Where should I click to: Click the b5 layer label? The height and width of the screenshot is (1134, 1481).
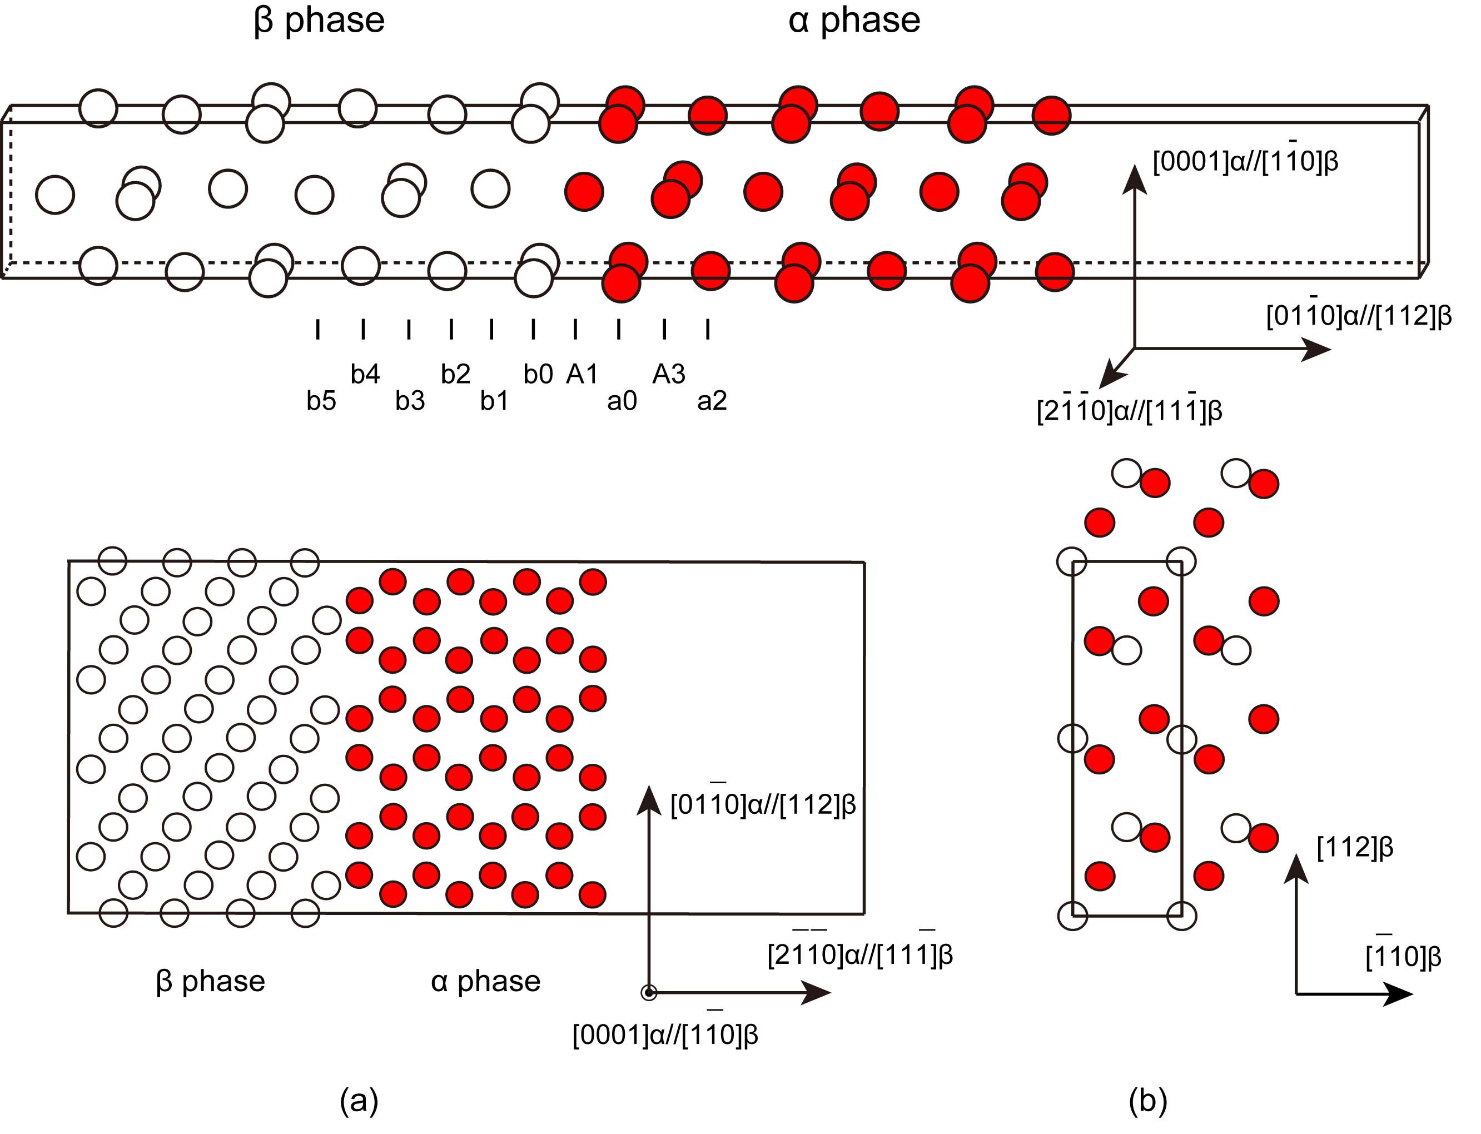[321, 401]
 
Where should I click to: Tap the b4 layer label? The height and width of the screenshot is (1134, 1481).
[365, 374]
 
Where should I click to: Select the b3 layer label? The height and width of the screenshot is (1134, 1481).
[410, 401]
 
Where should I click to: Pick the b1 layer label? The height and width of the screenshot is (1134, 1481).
[494, 401]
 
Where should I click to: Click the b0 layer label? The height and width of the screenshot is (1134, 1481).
[538, 374]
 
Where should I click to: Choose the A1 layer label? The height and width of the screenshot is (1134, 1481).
[582, 374]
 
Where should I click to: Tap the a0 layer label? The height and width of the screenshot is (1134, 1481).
[622, 401]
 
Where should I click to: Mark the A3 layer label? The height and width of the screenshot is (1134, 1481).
[668, 374]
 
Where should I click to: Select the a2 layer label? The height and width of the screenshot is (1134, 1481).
[712, 401]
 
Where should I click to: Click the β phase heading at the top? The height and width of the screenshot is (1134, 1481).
[319, 20]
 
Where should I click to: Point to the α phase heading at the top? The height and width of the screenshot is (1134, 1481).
[854, 20]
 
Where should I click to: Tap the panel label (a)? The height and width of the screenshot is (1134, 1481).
[359, 1101]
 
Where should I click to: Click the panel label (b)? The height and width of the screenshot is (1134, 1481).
[1147, 1101]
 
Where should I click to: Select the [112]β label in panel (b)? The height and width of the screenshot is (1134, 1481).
[1355, 847]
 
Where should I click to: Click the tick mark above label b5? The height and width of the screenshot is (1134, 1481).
[317, 330]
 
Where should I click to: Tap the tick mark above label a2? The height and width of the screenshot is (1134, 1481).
[708, 330]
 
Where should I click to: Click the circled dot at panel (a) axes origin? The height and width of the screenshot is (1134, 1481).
[649, 992]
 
